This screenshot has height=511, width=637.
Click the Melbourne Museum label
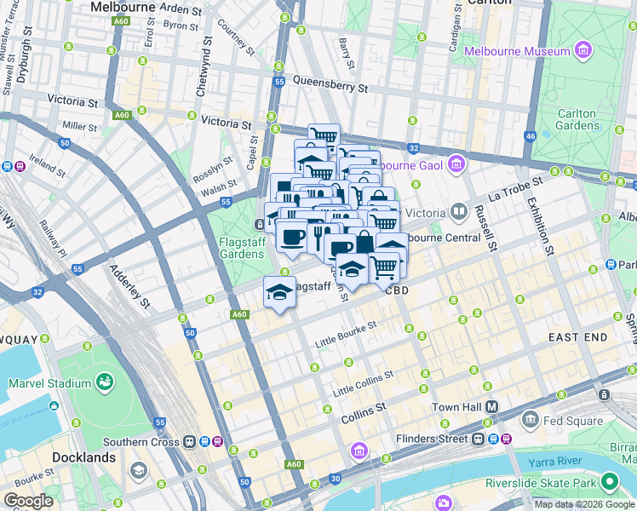pyautogui.click(x=517, y=52)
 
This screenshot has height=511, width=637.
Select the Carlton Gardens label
pyautogui.click(x=578, y=119)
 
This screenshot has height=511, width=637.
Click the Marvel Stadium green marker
pyautogui.click(x=106, y=381)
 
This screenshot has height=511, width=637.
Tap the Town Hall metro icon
pyautogui.click(x=491, y=407)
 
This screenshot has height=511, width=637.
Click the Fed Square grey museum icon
pyautogui.click(x=530, y=419)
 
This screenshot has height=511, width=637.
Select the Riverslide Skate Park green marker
pyautogui.click(x=609, y=482)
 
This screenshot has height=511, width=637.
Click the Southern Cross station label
pyautogui.click(x=141, y=442)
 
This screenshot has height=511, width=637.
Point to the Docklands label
pyautogui.click(x=83, y=457)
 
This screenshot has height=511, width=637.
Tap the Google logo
pyautogui.click(x=28, y=501)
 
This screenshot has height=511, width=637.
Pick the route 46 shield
pyautogui.click(x=530, y=135)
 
